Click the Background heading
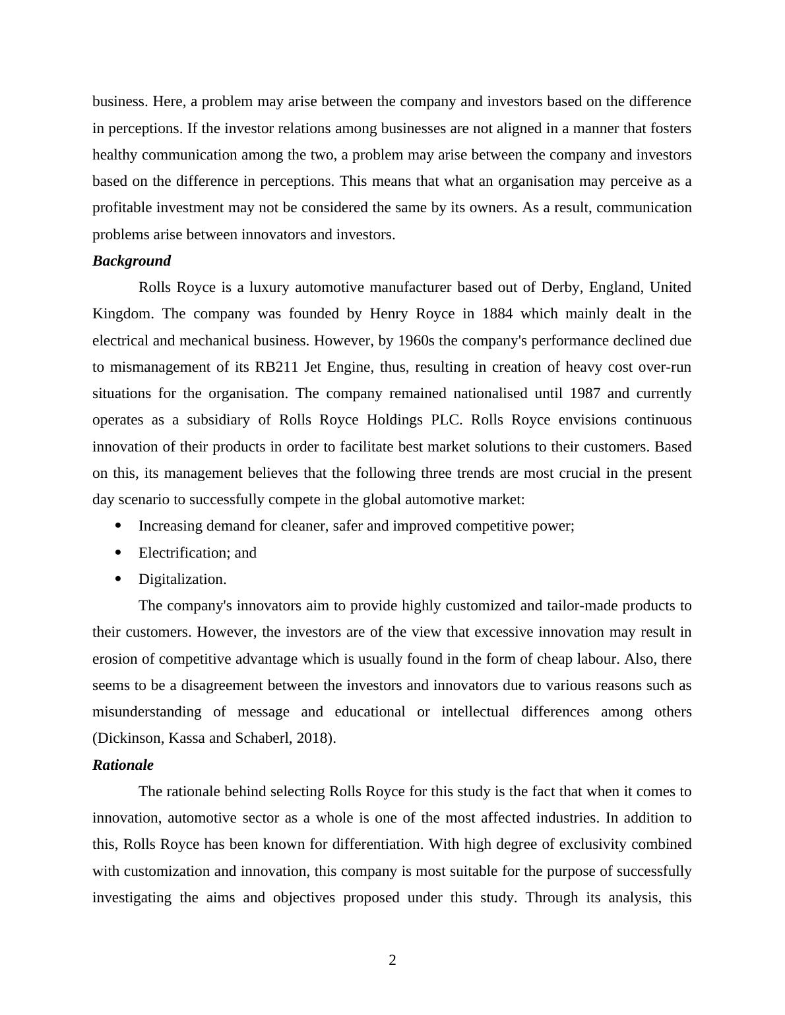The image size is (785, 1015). coord(131,261)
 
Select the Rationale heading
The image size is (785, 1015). coord(123,765)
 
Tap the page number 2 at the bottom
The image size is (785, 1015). coord(392,960)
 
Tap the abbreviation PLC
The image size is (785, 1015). coord(447,420)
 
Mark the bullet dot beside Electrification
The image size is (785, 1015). coord(119,552)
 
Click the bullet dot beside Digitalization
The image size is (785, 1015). coord(119,579)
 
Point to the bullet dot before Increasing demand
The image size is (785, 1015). coord(119,525)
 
